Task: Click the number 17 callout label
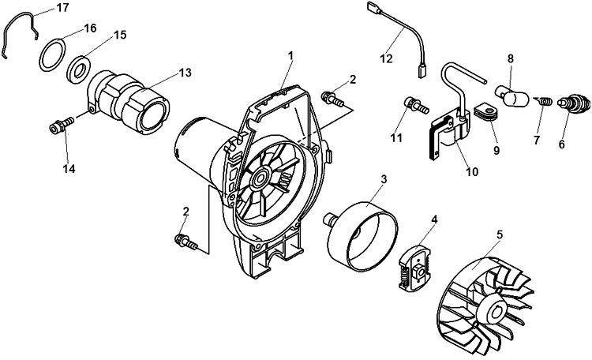tap(62, 7)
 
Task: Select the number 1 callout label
tap(290, 55)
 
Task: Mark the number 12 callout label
tap(386, 58)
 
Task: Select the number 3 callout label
tap(383, 180)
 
